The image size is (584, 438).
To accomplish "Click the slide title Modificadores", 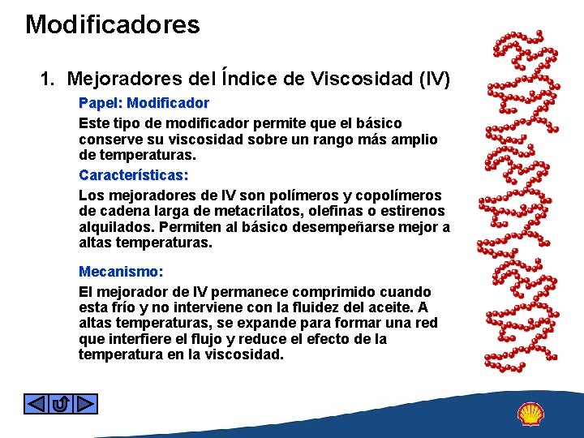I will click(x=112, y=24).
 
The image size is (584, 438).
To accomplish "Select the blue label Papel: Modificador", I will click(x=144, y=103).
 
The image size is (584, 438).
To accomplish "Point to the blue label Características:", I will click(x=133, y=174).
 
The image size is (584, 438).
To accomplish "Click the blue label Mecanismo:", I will click(x=121, y=272).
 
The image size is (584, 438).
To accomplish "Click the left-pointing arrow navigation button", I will click(x=35, y=403).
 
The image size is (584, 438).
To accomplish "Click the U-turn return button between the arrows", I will click(x=60, y=403).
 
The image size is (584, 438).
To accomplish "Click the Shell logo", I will click(x=531, y=414).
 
